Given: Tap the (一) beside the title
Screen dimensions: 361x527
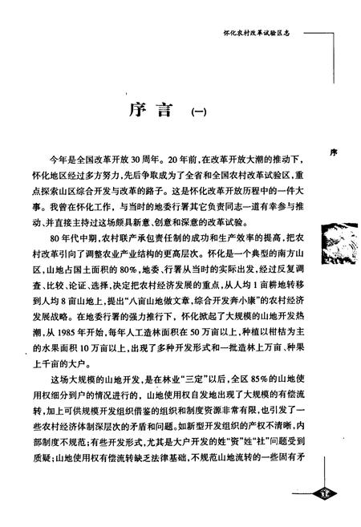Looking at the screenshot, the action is pyautogui.click(x=197, y=112).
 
